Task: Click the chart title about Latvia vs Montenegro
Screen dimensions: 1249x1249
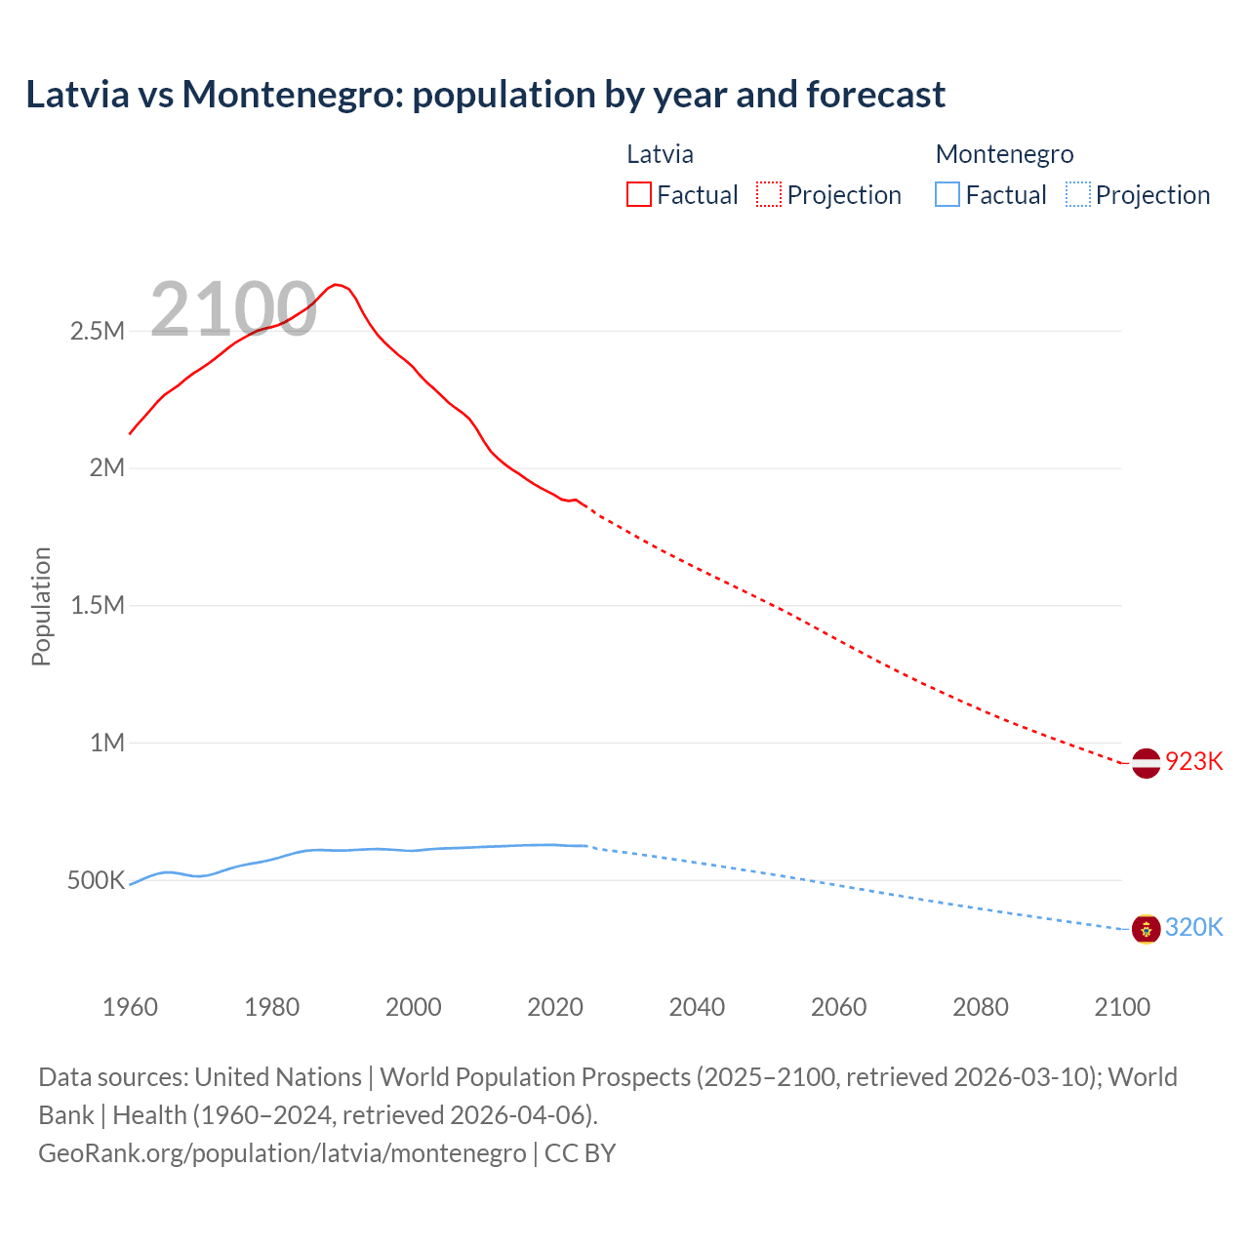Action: (485, 95)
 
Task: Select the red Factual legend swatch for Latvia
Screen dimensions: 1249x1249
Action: (638, 194)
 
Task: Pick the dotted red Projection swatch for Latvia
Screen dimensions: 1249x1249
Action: (769, 194)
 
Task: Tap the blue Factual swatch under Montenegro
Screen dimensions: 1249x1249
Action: (947, 194)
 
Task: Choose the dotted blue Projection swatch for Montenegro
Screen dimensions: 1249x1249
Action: (1077, 194)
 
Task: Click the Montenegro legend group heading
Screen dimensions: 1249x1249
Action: (1004, 154)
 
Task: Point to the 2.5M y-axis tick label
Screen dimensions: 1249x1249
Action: (98, 331)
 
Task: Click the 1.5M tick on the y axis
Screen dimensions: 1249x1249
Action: (98, 605)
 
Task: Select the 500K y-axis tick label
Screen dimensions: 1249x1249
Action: (96, 880)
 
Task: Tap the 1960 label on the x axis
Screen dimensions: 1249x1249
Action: (130, 1007)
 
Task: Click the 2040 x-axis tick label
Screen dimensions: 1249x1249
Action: (697, 1007)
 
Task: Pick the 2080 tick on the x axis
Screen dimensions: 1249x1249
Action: (981, 1007)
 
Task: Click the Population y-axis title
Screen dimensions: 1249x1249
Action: (41, 606)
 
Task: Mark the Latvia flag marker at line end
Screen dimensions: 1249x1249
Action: (1146, 762)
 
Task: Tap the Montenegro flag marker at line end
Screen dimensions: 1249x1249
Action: (1146, 928)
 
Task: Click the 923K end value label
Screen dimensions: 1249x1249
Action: (1193, 761)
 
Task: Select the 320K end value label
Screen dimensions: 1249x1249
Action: (1193, 927)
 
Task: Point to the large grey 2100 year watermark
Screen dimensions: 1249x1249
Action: (233, 309)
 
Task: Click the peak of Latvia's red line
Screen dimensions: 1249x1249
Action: (336, 284)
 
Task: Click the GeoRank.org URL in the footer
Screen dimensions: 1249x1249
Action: (282, 1152)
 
